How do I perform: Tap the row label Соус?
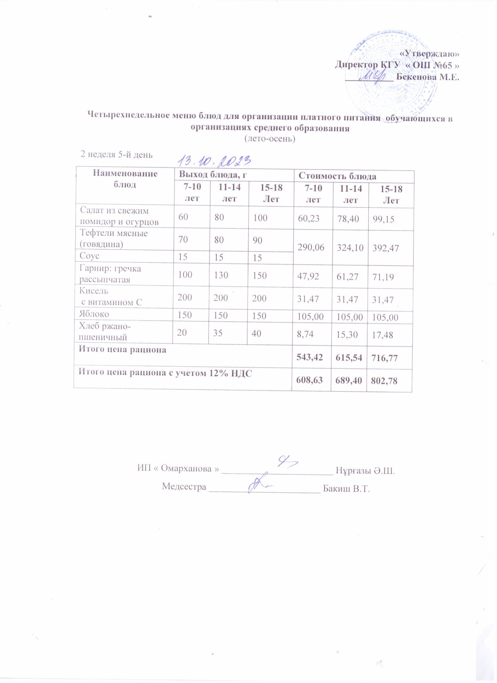tap(89, 256)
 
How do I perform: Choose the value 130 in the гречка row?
tap(222, 275)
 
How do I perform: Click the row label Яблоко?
tap(94, 314)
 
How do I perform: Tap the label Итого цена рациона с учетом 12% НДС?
tap(165, 373)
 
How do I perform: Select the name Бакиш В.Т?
tap(346, 488)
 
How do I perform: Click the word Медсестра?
tap(184, 487)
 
